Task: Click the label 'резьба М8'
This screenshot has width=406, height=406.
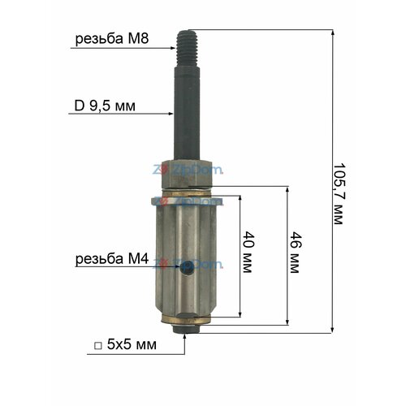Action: point(112,39)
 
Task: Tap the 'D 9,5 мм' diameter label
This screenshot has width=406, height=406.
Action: point(105,106)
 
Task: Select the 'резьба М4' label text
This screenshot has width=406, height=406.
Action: point(112,259)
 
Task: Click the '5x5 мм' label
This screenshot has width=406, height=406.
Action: point(132,344)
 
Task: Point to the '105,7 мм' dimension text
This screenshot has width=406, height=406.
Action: point(339,194)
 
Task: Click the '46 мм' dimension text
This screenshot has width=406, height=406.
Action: point(295,253)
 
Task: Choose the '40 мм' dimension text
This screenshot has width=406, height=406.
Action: point(248,252)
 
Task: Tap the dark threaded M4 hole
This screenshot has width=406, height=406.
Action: point(187,267)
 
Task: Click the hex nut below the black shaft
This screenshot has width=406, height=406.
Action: point(187,174)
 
